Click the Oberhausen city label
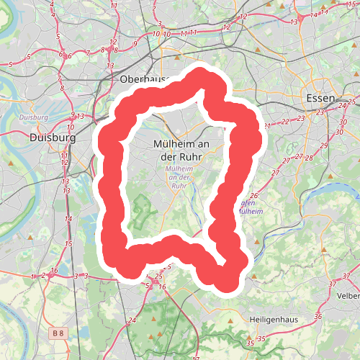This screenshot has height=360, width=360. pyautogui.click(x=144, y=78)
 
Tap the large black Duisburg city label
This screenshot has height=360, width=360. pyautogui.click(x=53, y=137)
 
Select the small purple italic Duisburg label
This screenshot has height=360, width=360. pyautogui.click(x=34, y=117)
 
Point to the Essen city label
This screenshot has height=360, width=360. pyautogui.click(x=320, y=98)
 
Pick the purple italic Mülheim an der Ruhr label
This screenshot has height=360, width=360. pyautogui.click(x=179, y=176)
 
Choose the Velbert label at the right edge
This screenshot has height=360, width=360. pyautogui.click(x=348, y=295)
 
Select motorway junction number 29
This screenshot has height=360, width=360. pyautogui.click(x=323, y=146)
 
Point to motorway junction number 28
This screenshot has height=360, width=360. pyautogui.click(x=308, y=157)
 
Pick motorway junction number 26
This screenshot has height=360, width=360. pyautogui.click(x=253, y=196)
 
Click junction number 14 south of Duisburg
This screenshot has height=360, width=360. pyautogui.click(x=68, y=218)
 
